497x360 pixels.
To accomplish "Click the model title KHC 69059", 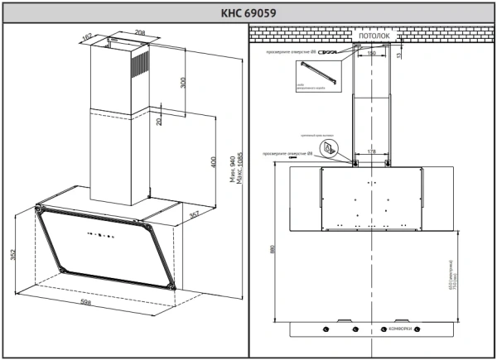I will [248, 12].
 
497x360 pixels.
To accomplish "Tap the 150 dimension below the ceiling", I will [371, 53].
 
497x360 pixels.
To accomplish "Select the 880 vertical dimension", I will [272, 248].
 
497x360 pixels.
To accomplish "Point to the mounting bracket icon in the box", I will [330, 148].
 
